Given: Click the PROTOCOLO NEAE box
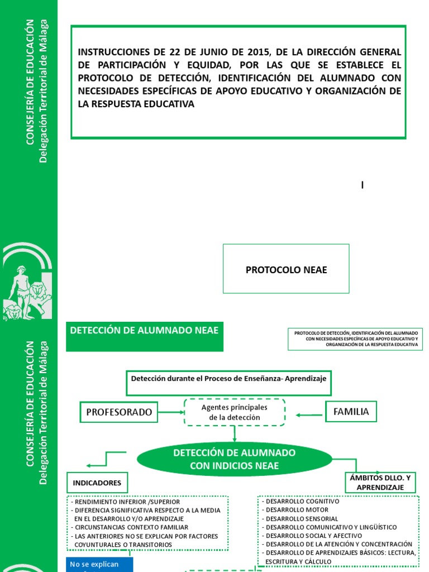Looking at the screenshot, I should point(286,269).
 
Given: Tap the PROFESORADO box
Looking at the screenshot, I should point(118,412).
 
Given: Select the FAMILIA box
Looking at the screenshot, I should point(351,412).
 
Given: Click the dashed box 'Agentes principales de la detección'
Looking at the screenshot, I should point(235,412).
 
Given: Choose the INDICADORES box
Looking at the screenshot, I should point(97,482).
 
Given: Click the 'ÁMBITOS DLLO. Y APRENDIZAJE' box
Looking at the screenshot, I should point(379,482).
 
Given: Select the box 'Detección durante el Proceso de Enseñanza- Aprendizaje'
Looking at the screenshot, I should point(228,379).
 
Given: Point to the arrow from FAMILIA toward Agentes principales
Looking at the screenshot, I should point(309,414).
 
